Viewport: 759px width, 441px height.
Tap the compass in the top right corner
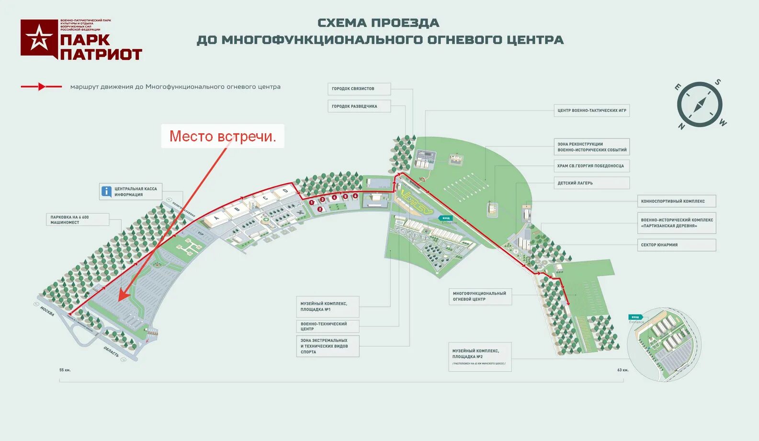click(x=700, y=104)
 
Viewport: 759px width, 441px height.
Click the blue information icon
click(x=106, y=192)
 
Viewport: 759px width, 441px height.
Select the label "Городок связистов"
click(x=359, y=89)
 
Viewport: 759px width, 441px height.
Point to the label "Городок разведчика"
click(x=359, y=106)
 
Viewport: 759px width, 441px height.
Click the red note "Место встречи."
click(x=223, y=137)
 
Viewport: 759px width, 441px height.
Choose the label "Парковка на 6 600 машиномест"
click(x=78, y=220)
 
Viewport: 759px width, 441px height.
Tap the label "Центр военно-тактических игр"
click(x=591, y=111)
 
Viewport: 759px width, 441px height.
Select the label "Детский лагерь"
click(x=591, y=183)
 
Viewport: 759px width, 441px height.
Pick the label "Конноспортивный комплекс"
click(x=676, y=201)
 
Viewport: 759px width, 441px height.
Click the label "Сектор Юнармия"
click(x=676, y=245)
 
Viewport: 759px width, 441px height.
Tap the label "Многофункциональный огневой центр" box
click(x=480, y=296)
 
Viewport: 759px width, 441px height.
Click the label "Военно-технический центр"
click(x=328, y=326)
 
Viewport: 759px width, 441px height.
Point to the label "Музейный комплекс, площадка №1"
click(x=328, y=306)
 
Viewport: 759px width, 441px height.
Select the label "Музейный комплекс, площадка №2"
click(x=480, y=357)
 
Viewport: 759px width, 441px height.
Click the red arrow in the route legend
click(x=42, y=87)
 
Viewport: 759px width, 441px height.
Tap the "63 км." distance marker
click(x=623, y=370)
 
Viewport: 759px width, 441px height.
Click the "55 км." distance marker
click(x=65, y=370)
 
